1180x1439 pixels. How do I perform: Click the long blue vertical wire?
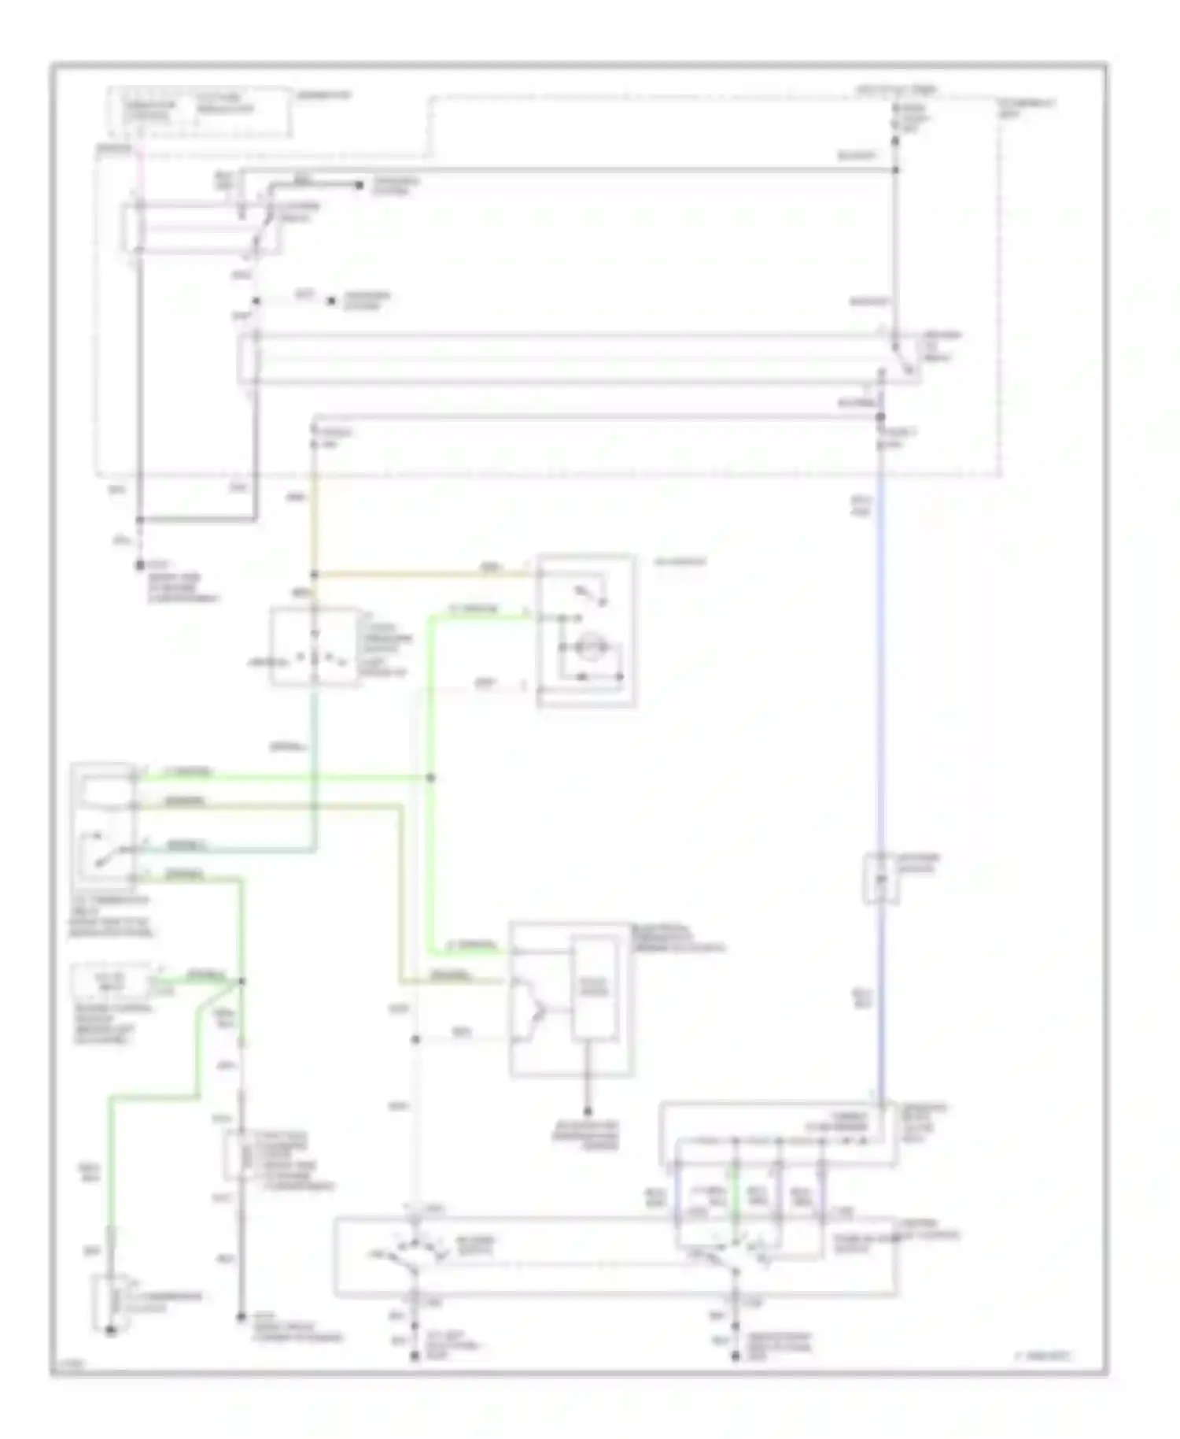tap(880, 708)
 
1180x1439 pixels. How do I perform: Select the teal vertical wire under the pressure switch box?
tap(315, 748)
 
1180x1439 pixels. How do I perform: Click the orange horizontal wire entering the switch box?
tap(425, 574)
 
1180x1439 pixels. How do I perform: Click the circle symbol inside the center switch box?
tap(586, 648)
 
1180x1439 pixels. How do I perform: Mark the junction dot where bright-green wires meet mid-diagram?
tap(430, 778)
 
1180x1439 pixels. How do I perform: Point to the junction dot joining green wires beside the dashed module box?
tap(242, 981)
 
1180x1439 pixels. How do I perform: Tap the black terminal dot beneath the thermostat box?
tap(587, 1111)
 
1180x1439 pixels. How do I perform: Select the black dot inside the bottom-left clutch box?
tap(111, 1330)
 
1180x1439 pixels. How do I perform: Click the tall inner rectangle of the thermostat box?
tap(594, 988)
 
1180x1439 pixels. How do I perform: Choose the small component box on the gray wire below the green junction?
tap(235, 1156)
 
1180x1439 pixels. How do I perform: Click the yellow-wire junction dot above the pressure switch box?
tap(314, 575)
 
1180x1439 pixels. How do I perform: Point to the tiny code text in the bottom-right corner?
tap(1042, 1356)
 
